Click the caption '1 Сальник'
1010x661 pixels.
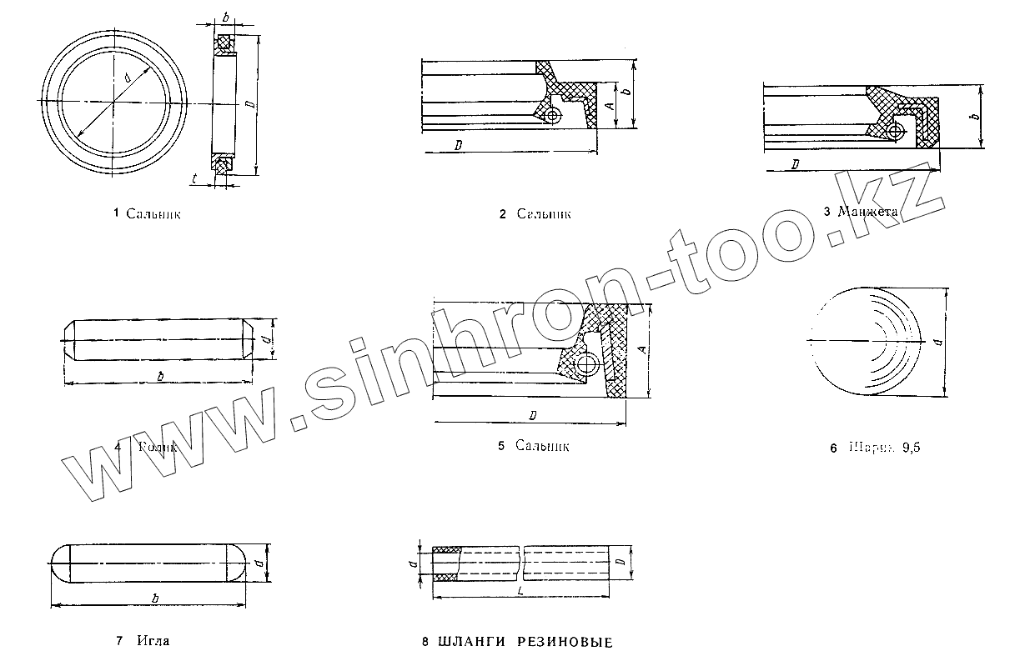tap(147, 214)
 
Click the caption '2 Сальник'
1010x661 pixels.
tap(535, 214)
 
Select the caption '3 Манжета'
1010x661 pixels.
tap(860, 212)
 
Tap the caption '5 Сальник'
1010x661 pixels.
tap(533, 446)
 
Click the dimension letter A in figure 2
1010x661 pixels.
tap(611, 104)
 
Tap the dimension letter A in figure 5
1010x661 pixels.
tap(641, 351)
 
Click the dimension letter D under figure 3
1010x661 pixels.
tap(796, 164)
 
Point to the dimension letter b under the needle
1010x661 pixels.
tap(156, 598)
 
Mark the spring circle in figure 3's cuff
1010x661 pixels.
tap(896, 132)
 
